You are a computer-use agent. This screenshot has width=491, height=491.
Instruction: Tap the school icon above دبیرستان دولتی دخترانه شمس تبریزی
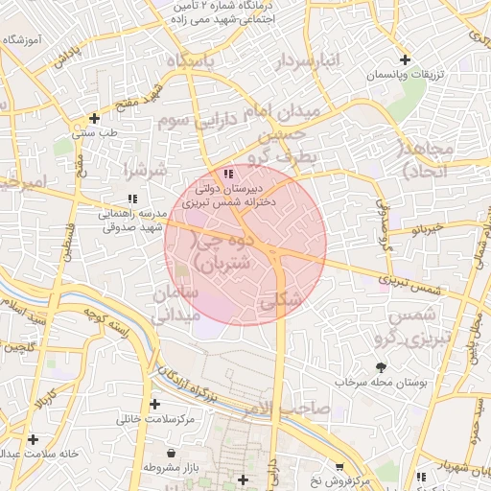click(227, 174)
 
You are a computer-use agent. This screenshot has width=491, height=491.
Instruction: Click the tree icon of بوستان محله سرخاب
click(382, 366)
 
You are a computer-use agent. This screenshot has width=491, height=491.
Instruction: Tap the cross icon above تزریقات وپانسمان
click(404, 59)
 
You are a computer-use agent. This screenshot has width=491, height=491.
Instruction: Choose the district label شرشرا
click(145, 170)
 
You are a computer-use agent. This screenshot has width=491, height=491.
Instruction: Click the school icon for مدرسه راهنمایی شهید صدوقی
click(132, 199)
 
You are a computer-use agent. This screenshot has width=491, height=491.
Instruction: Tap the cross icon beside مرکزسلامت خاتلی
click(155, 405)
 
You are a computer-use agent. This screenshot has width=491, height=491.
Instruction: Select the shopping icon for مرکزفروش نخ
click(338, 466)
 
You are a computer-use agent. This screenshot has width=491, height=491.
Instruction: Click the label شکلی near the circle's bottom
click(280, 300)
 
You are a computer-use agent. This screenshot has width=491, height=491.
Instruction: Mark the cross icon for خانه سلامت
click(34, 439)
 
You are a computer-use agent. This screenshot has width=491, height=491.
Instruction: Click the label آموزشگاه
click(27, 39)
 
